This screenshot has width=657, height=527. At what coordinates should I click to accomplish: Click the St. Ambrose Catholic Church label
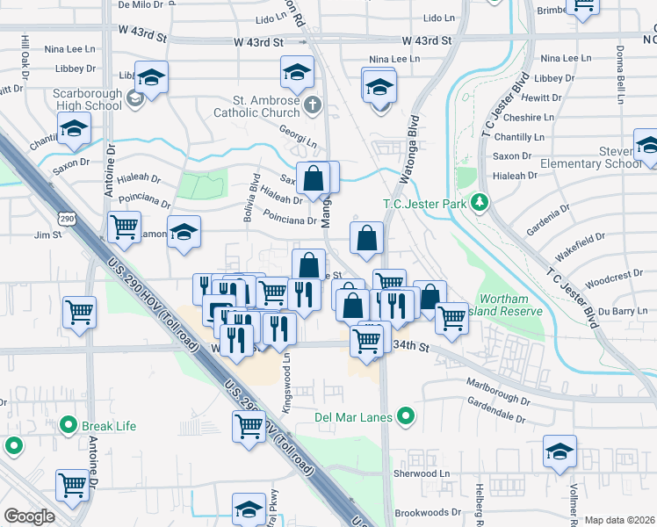pyautogui.click(x=256, y=106)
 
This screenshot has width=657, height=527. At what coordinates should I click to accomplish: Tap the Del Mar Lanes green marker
pyautogui.click(x=406, y=415)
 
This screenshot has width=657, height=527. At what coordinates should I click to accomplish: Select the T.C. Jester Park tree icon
pyautogui.click(x=479, y=204)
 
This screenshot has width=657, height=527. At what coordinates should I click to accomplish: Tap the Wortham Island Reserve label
pyautogui.click(x=510, y=305)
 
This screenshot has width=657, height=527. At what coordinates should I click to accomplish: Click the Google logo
pyautogui.click(x=29, y=516)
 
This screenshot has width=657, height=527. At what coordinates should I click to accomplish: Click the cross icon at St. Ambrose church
pyautogui.click(x=314, y=106)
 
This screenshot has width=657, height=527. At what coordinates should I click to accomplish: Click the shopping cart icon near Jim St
pyautogui.click(x=124, y=227)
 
